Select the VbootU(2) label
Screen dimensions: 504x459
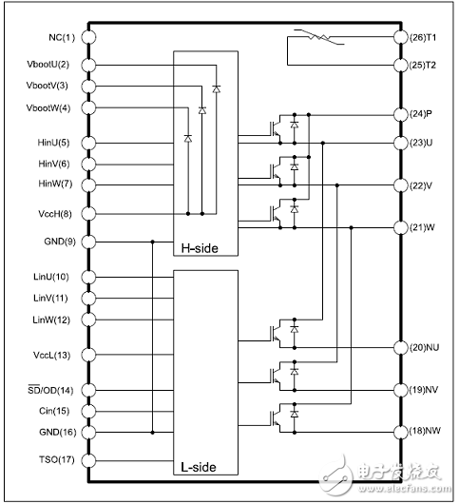pyautogui.click(x=50, y=64)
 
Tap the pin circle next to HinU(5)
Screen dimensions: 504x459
pyautogui.click(x=89, y=143)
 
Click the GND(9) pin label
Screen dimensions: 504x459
pyautogui.click(x=54, y=242)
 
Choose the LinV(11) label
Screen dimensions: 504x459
pyautogui.click(x=52, y=298)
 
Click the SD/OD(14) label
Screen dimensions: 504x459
pyautogui.click(x=50, y=390)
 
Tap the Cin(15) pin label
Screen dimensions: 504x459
pyautogui.click(x=55, y=411)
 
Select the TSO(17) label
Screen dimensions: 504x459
pyautogui.click(x=54, y=460)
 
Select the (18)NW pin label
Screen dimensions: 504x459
pyautogui.click(x=424, y=432)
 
